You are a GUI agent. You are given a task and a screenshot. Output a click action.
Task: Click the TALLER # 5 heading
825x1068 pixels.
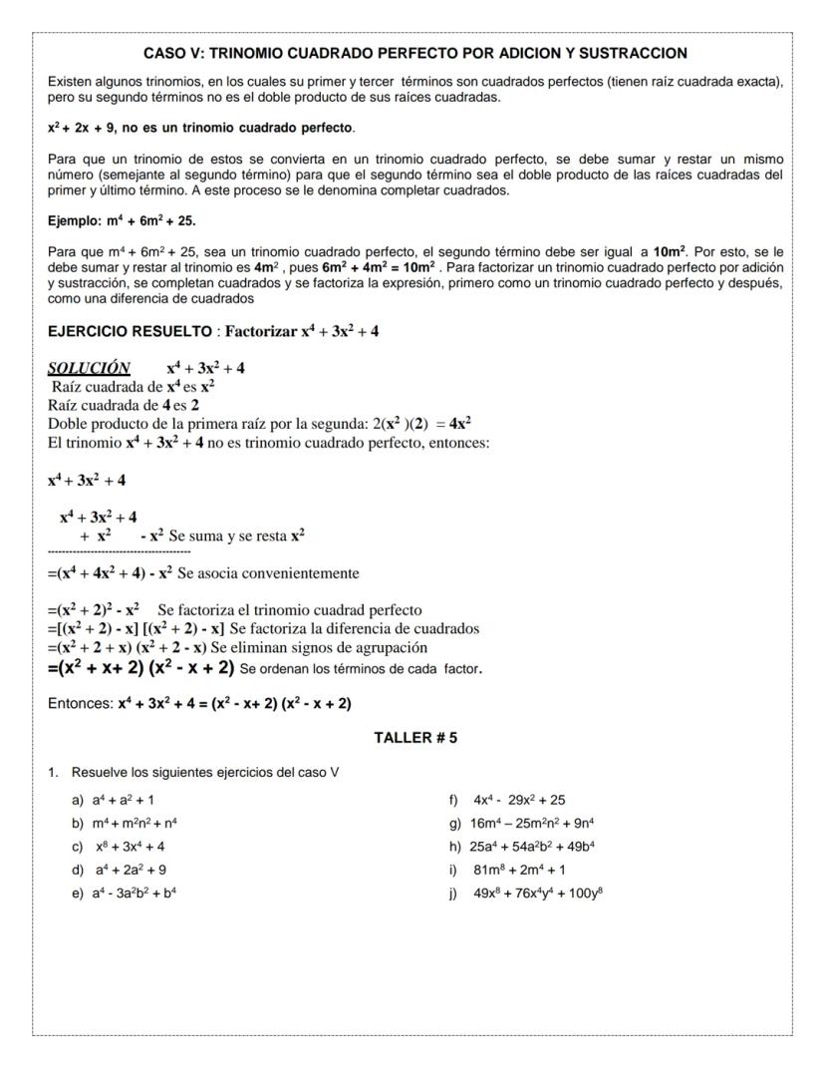(415, 738)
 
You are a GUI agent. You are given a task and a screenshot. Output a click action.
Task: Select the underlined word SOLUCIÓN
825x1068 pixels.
(89, 368)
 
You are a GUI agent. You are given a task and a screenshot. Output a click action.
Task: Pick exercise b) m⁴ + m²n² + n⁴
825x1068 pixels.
(125, 823)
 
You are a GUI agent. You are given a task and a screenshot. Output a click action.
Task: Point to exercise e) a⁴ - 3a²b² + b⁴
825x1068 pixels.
(126, 892)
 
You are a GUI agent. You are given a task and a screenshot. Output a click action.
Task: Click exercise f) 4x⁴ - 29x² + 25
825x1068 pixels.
(509, 799)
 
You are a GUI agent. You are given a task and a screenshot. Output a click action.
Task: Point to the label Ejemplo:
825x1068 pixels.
(74, 219)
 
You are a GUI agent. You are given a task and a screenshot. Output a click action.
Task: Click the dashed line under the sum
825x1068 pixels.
(119, 551)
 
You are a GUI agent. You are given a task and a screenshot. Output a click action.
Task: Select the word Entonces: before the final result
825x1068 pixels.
(81, 704)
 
